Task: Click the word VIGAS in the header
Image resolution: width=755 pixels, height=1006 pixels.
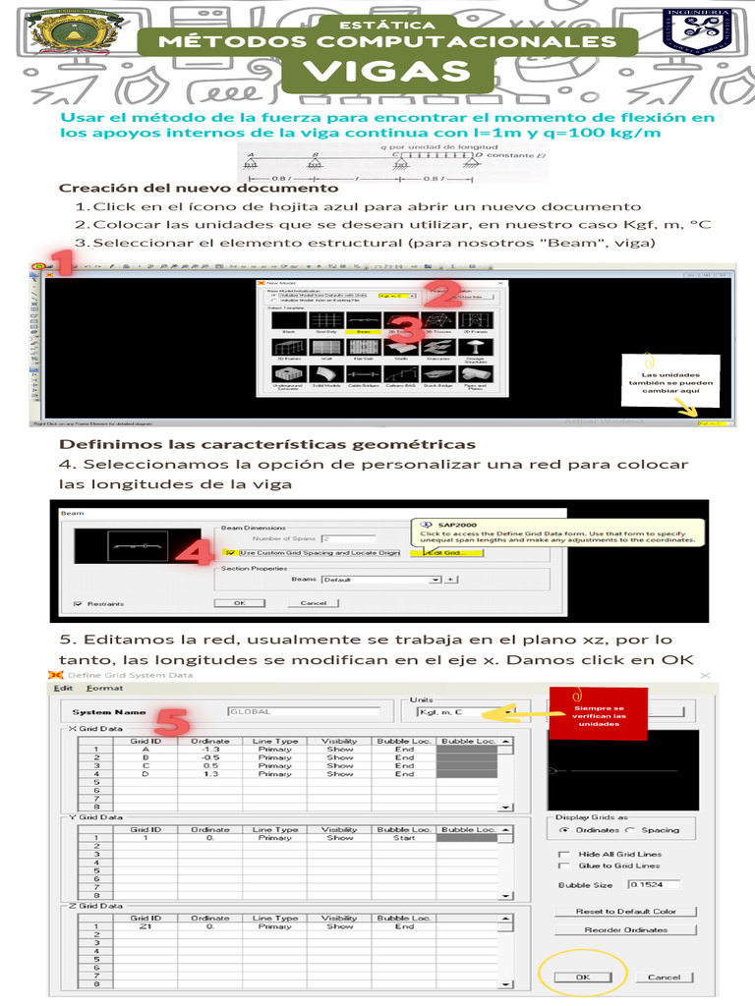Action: [386, 72]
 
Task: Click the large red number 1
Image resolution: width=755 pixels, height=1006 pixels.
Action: [62, 263]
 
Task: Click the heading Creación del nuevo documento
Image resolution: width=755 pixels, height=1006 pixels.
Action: [199, 188]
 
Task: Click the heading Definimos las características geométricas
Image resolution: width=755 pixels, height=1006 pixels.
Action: [267, 445]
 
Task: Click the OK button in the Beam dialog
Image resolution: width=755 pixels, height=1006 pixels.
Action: [239, 602]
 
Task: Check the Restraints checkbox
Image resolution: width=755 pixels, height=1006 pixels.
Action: [79, 603]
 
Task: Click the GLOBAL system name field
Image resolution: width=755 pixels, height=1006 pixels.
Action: [303, 711]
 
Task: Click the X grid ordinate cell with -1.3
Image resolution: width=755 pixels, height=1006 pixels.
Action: [210, 750]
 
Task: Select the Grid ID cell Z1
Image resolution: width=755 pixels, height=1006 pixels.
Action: [145, 926]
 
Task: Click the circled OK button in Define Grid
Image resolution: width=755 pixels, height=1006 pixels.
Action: [583, 977]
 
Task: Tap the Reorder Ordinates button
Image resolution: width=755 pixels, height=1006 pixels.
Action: [625, 929]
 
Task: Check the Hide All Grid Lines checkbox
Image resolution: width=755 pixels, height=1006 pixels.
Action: [563, 854]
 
